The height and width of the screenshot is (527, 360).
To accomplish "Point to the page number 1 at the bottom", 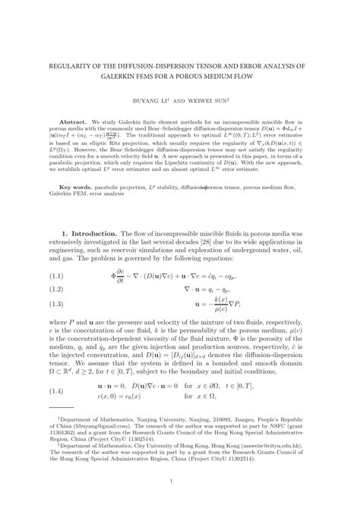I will pyautogui.click(x=179, y=501).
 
